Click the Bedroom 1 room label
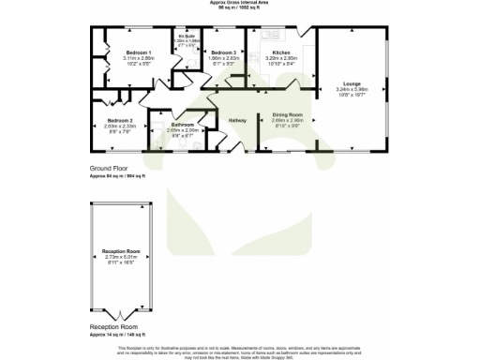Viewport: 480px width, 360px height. pyautogui.click(x=139, y=52)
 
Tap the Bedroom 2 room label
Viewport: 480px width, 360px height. pyautogui.click(x=120, y=121)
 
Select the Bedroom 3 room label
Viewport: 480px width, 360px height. pyautogui.click(x=221, y=52)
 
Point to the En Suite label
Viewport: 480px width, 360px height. pyautogui.click(x=186, y=37)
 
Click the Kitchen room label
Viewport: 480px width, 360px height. pyautogui.click(x=280, y=52)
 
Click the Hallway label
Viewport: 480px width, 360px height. pyautogui.click(x=237, y=119)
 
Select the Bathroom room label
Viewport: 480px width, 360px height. pyautogui.click(x=183, y=125)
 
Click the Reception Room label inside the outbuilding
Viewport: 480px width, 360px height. pyautogui.click(x=120, y=251)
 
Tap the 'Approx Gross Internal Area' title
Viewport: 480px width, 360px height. pyautogui.click(x=240, y=3)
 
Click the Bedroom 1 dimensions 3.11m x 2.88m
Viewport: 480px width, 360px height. pyautogui.click(x=139, y=57)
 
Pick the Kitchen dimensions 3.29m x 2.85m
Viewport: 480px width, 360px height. pyautogui.click(x=280, y=57)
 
